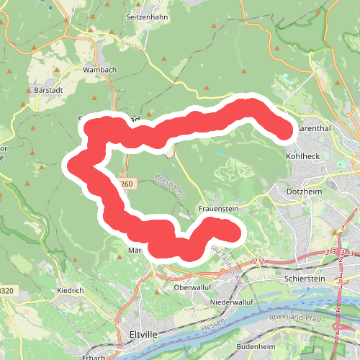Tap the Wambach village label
(99, 70)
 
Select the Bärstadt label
(49, 91)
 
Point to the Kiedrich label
(71, 291)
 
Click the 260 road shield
(126, 184)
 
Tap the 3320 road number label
(6, 291)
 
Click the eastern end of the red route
(284, 130)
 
